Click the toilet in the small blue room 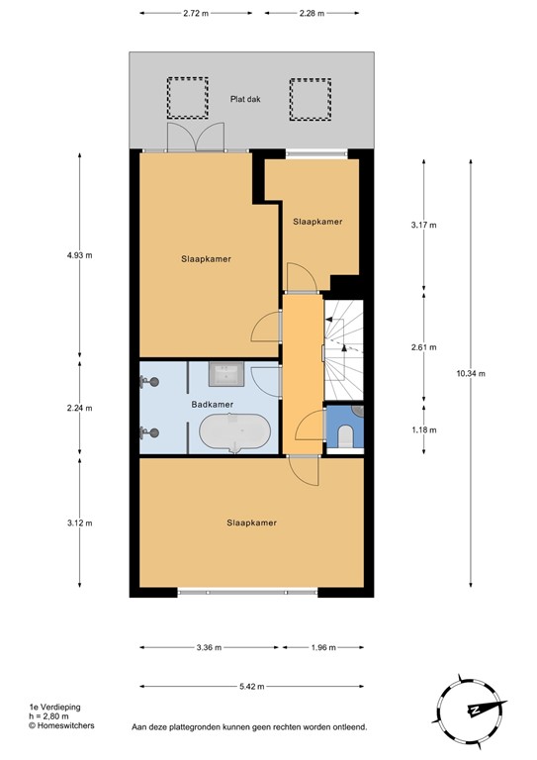[346, 435]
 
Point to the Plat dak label [247, 99]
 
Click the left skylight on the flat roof [183, 96]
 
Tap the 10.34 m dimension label [470, 373]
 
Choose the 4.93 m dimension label [79, 255]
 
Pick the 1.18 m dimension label [422, 430]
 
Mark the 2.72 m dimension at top [196, 13]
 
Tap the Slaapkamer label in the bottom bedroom [250, 522]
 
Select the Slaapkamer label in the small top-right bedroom [317, 222]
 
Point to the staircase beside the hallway [346, 346]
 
